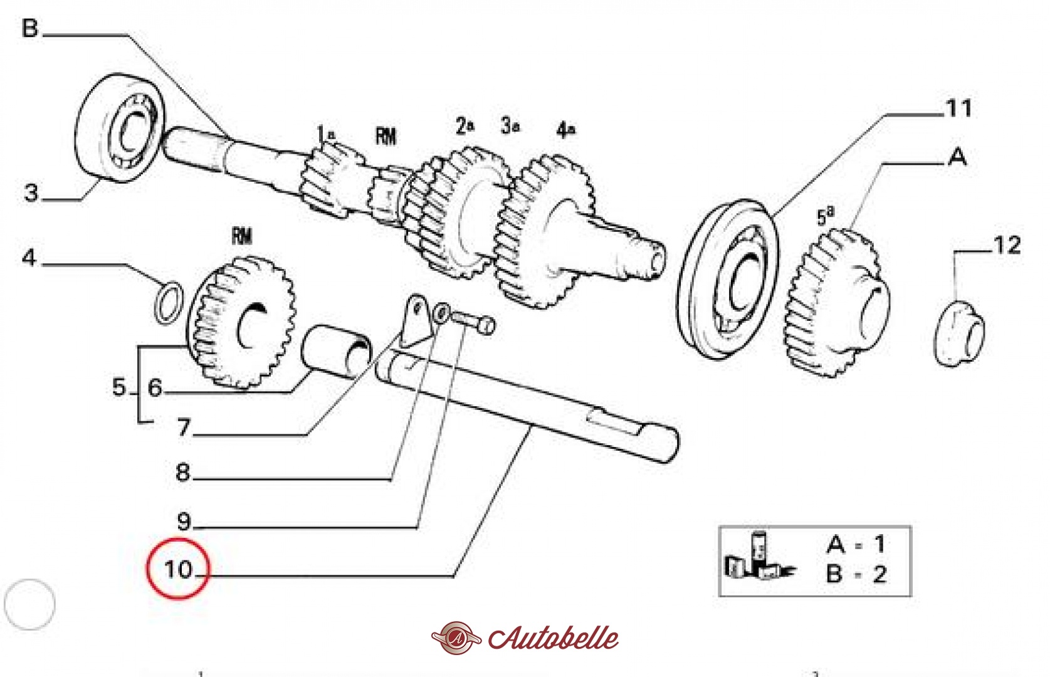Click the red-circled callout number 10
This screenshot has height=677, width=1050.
point(178,569)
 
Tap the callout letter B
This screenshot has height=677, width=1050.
point(30,28)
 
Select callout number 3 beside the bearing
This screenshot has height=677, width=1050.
point(31,192)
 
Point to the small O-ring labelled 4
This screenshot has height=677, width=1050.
point(169,303)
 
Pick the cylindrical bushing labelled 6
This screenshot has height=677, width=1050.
point(335,351)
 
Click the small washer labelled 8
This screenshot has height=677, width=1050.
point(442,311)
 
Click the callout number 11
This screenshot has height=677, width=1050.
point(958,108)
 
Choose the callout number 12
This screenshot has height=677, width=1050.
point(1007,245)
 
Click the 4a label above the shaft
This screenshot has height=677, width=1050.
point(565,130)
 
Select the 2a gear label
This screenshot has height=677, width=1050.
point(465,127)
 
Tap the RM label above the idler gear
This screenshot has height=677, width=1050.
point(242,236)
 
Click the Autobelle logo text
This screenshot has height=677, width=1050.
point(553,638)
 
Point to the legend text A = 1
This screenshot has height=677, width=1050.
point(856,544)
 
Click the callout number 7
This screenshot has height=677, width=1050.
point(184,427)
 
